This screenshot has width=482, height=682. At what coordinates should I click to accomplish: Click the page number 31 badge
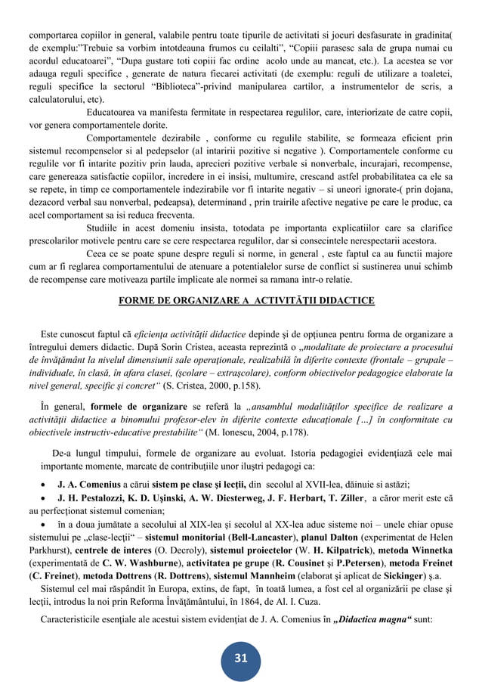point(240,659)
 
